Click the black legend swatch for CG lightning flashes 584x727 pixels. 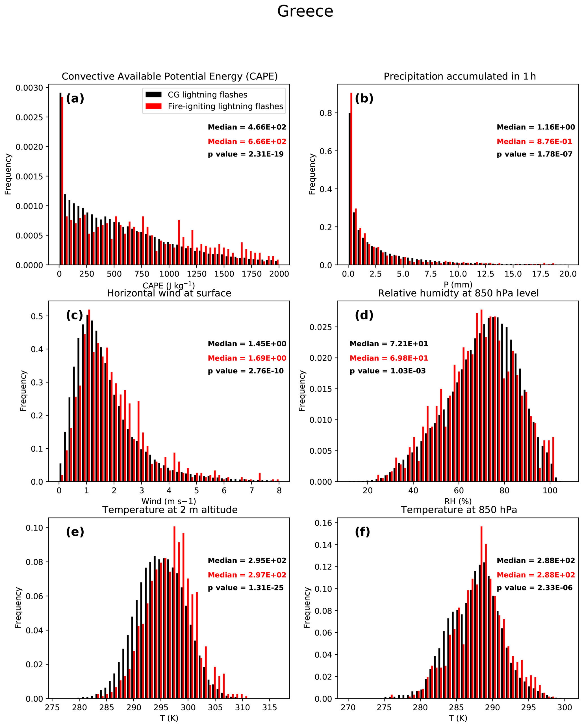[153, 95]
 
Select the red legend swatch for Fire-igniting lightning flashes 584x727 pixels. [153, 106]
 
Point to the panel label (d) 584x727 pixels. [364, 315]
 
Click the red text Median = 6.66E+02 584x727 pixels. [247, 142]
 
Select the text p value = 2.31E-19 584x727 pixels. [246, 154]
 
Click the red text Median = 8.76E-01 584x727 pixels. [534, 142]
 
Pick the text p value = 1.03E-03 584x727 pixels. [388, 371]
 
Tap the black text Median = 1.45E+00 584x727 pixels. [247, 344]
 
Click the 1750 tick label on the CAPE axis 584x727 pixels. [251, 274]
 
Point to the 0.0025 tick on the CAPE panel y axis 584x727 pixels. [29, 117]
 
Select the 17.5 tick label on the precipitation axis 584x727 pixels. [540, 274]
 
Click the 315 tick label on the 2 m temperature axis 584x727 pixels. [270, 707]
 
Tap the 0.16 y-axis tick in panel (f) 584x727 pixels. [323, 523]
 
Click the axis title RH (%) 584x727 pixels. [458, 501]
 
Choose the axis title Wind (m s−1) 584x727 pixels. [168, 501]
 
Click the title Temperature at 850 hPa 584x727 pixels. [459, 510]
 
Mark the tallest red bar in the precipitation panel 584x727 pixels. [351, 179]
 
